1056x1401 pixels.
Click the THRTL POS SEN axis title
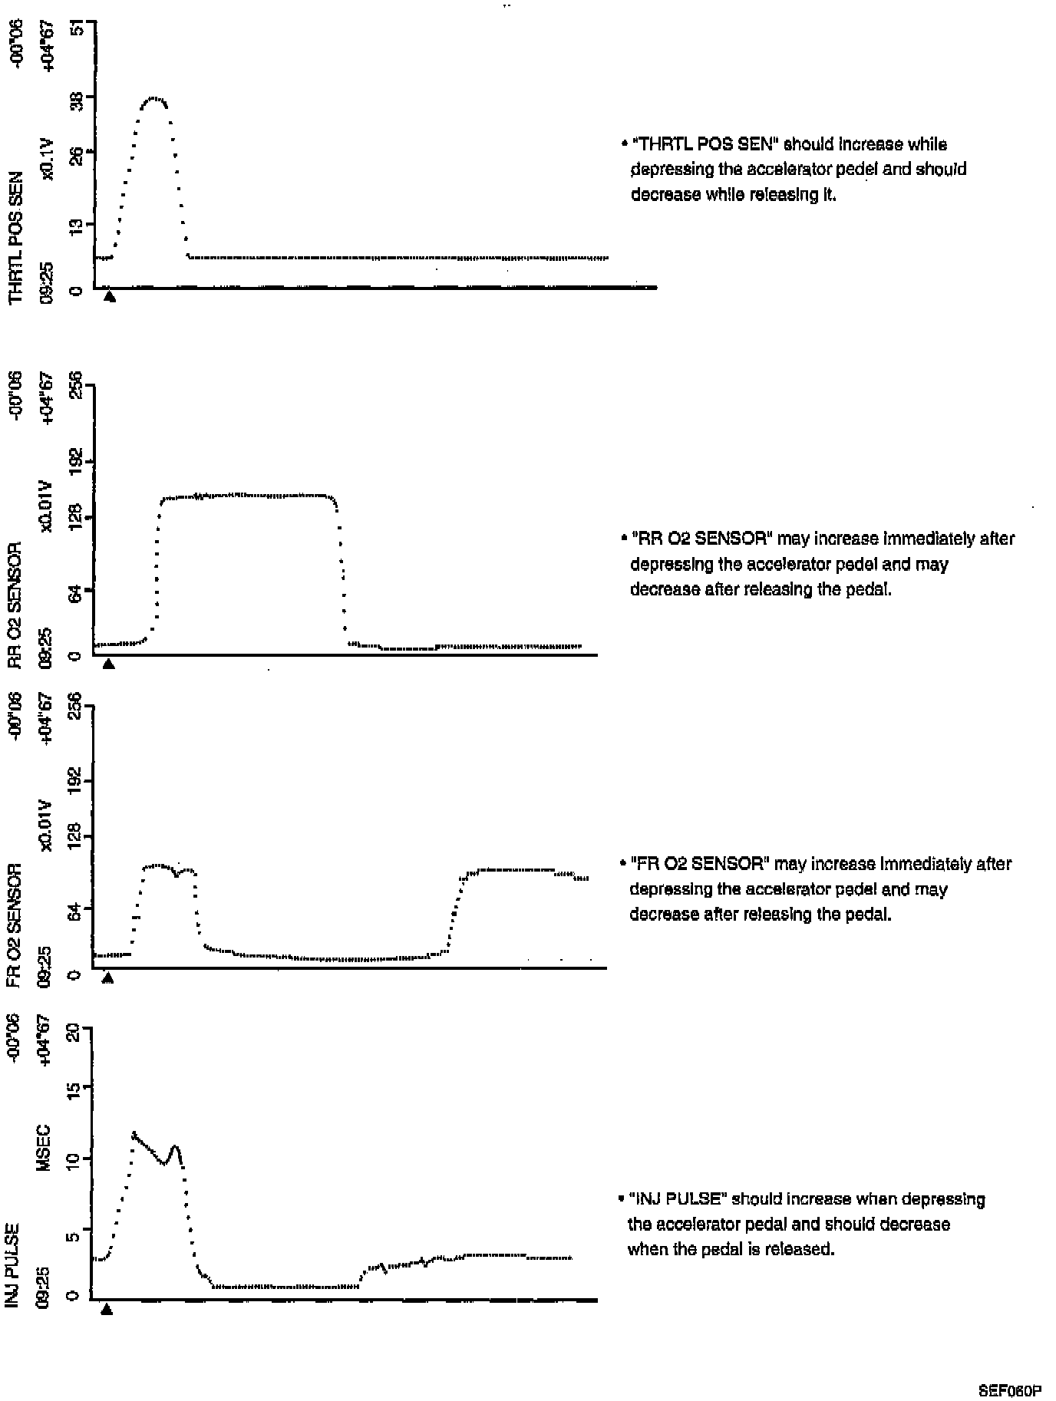coord(15,238)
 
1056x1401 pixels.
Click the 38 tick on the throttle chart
coord(77,97)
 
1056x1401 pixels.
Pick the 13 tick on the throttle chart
coord(77,225)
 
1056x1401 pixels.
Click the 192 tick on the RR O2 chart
coord(77,462)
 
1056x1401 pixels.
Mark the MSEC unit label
coord(44,1147)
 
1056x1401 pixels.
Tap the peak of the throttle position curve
coord(154,98)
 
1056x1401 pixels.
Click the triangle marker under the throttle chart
coord(110,297)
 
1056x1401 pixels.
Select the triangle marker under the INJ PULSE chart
coord(107,1309)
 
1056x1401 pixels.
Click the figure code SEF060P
coord(1009,1390)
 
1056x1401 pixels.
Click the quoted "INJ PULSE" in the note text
coord(678,1199)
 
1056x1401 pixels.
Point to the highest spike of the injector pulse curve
coord(134,1132)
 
